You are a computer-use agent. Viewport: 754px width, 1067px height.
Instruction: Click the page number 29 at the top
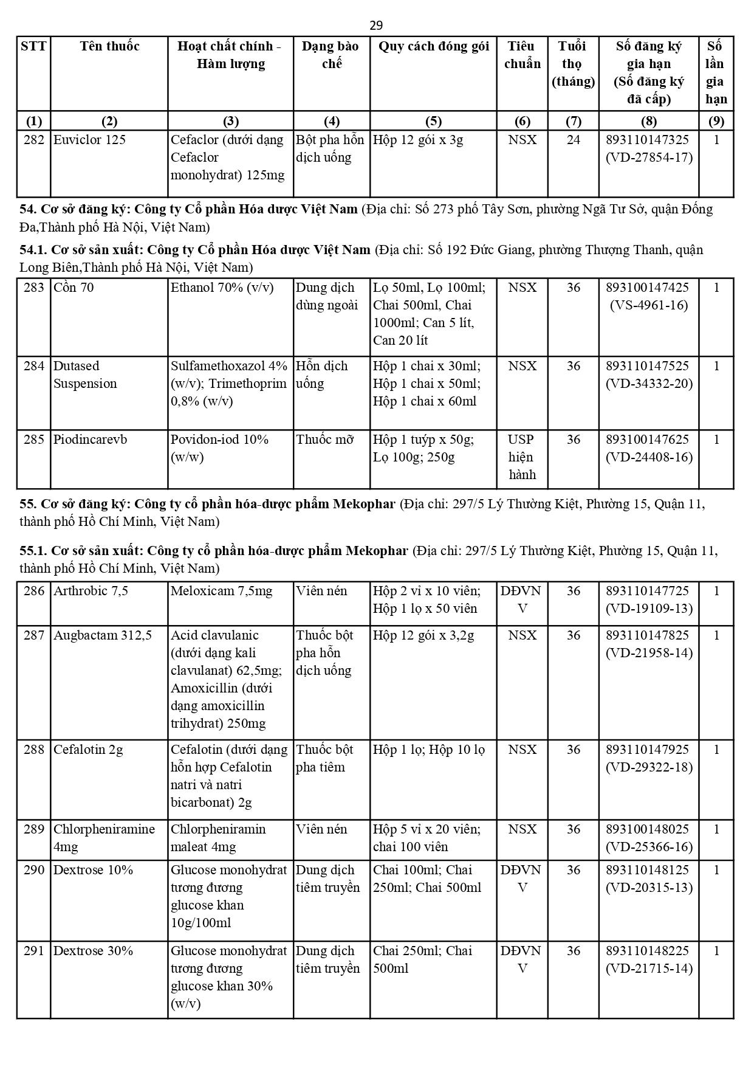click(x=376, y=25)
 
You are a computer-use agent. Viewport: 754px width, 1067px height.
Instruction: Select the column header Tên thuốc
click(x=109, y=46)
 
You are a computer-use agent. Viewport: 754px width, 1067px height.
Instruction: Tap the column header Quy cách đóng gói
click(x=433, y=46)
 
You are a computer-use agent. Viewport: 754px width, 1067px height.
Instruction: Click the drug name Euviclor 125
click(x=89, y=140)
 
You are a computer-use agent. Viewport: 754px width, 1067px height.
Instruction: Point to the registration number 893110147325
click(x=648, y=140)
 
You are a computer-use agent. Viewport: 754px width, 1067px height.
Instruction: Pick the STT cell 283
click(x=34, y=287)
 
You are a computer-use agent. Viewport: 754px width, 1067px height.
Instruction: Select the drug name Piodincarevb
click(x=90, y=439)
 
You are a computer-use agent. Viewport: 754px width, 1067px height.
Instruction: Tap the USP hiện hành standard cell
click(x=522, y=457)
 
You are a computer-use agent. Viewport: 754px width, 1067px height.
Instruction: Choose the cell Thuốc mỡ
click(x=324, y=439)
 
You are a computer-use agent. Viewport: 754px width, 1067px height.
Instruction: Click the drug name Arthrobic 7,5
click(x=91, y=590)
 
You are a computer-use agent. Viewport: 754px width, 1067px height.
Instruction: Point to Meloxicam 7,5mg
click(x=221, y=590)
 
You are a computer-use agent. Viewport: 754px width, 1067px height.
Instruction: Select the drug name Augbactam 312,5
click(x=102, y=635)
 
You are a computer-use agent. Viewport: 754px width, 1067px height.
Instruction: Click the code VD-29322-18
click(x=648, y=767)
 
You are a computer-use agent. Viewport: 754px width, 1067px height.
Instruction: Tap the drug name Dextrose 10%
click(x=93, y=869)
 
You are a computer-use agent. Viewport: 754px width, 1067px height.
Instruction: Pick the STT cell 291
click(x=34, y=950)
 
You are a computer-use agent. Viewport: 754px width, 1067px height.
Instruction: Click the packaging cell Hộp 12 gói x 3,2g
click(x=423, y=635)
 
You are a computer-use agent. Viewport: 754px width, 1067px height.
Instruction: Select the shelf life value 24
click(x=573, y=140)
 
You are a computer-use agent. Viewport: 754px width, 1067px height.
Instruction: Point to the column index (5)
click(x=433, y=120)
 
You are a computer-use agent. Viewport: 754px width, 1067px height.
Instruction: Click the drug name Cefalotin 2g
click(x=88, y=749)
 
